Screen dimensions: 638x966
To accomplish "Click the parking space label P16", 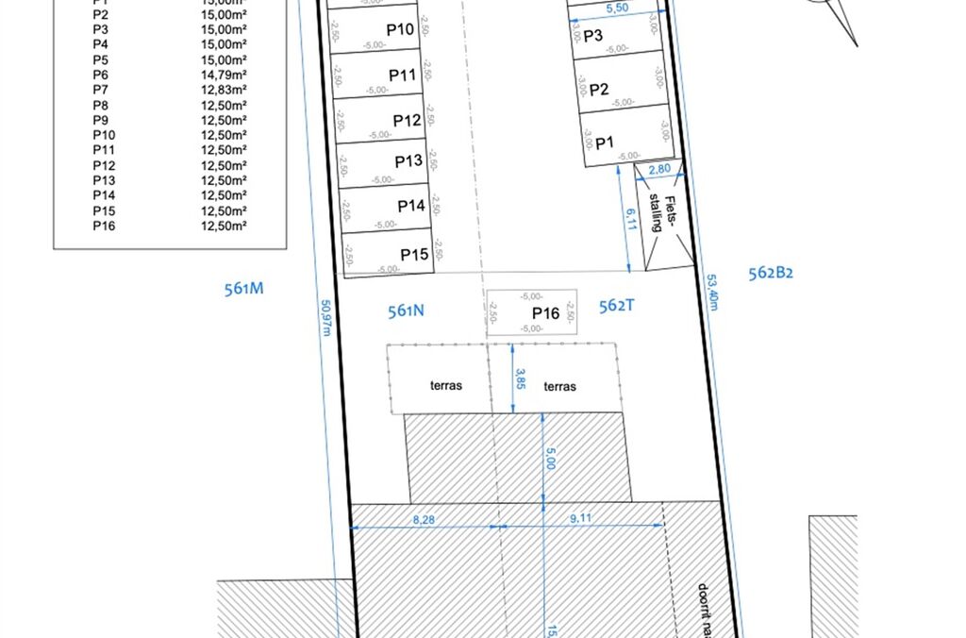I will [546, 313].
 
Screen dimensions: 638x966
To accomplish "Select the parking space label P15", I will [414, 255].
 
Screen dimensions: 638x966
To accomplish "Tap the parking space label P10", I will [401, 30].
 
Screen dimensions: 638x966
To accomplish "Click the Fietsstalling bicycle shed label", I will [664, 214].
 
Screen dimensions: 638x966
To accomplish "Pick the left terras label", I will [446, 386].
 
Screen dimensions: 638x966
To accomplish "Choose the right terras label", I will [559, 386].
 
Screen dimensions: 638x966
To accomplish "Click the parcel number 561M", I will [243, 289].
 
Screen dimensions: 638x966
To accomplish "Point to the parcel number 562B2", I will [771, 274].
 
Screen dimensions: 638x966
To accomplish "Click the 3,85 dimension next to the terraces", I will [519, 378].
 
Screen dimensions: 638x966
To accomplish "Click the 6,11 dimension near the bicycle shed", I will [630, 219].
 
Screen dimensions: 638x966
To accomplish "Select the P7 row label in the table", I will [101, 90].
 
